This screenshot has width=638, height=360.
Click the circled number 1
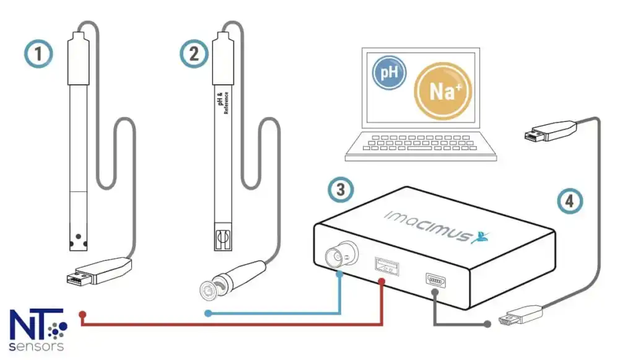pos(39,54)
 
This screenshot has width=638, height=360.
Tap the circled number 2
pos(194,54)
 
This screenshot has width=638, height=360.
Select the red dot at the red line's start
pos(82,314)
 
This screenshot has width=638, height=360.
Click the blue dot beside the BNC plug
pos(208,314)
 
